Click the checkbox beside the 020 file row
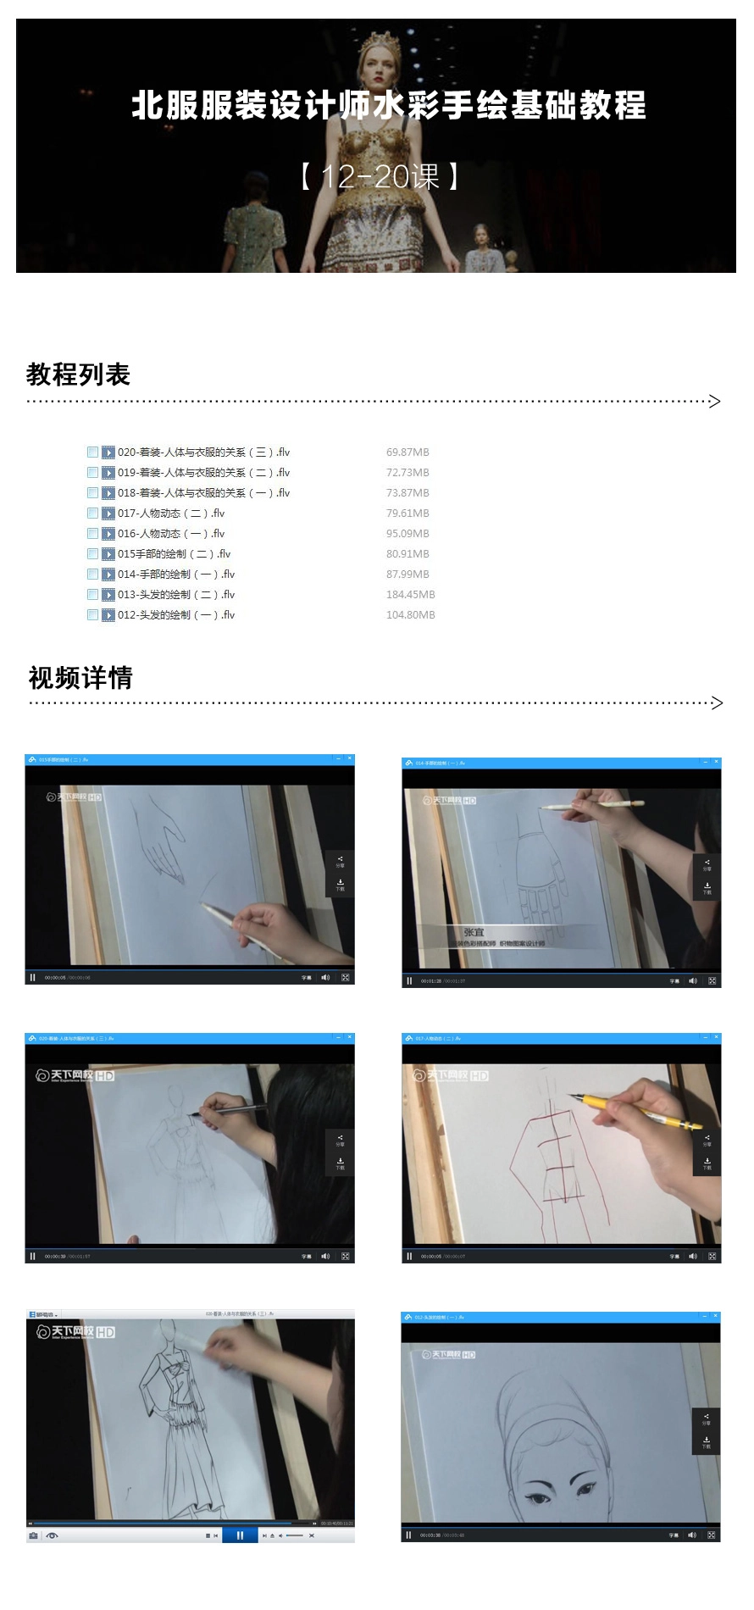pos(93,452)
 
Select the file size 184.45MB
pos(410,594)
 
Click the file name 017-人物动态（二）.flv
pos(171,513)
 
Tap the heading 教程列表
pos(78,374)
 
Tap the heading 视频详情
pos(80,677)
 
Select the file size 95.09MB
pos(407,533)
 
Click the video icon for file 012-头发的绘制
pos(108,614)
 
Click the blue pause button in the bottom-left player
pos(240,1535)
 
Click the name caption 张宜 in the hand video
pos(474,932)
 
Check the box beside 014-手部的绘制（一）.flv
pos(93,574)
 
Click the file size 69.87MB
pos(407,452)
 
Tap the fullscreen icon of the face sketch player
pos(711,1535)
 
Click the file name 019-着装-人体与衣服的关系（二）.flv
pos(203,472)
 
